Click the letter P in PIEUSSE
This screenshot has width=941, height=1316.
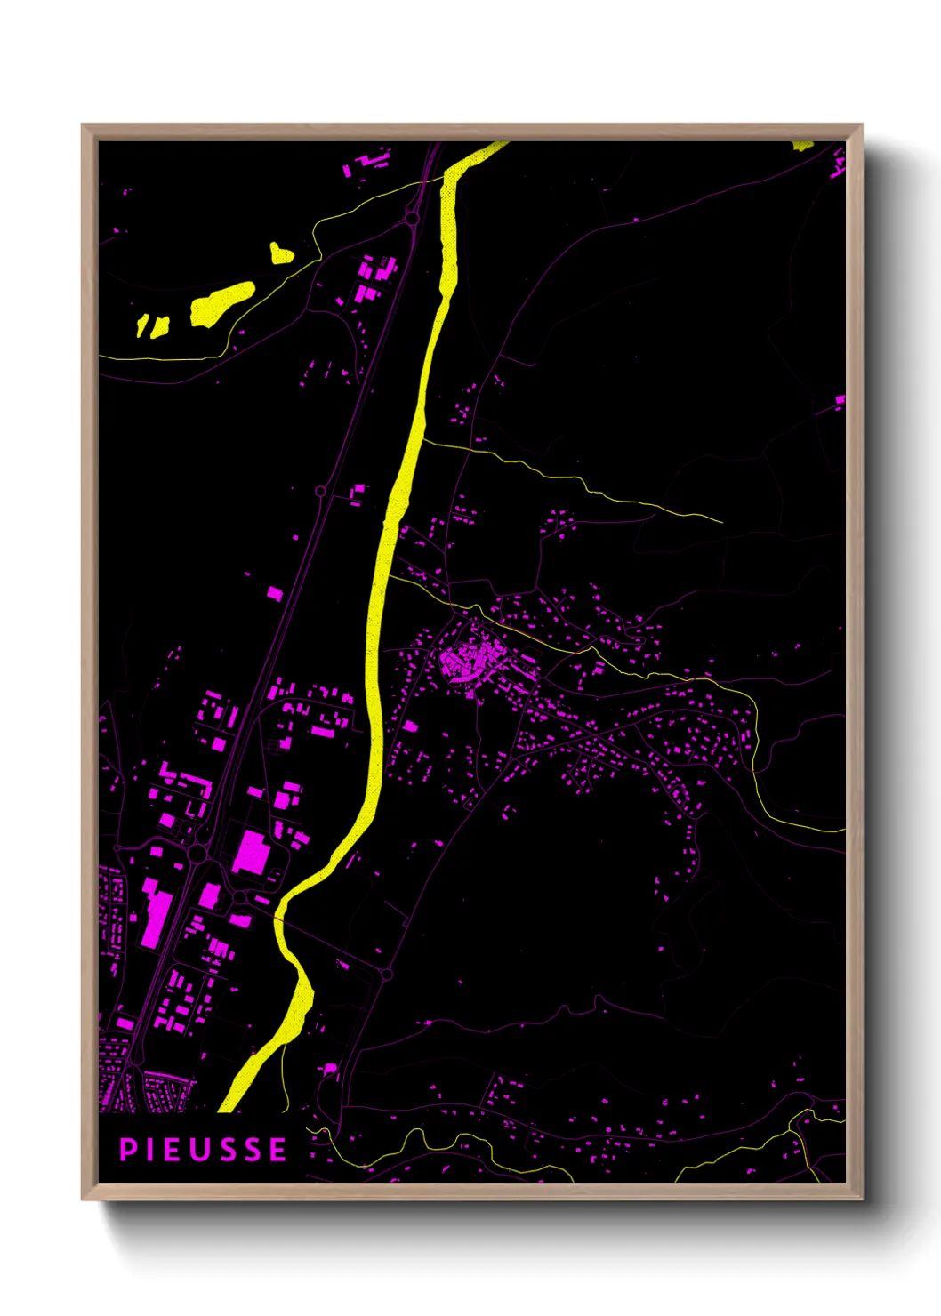[127, 1150]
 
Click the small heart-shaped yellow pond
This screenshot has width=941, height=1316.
[281, 253]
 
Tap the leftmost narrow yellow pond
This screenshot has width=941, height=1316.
[141, 325]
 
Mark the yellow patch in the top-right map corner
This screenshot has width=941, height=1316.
[802, 145]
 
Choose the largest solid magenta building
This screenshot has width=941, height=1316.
[252, 852]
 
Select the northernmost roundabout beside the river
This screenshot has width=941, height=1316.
[412, 218]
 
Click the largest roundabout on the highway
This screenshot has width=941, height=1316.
[197, 854]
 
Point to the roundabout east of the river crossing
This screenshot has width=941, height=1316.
[386, 975]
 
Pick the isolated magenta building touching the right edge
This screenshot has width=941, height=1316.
[840, 401]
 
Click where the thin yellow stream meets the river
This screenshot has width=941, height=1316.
[422, 438]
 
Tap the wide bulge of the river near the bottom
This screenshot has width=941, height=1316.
[301, 996]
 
